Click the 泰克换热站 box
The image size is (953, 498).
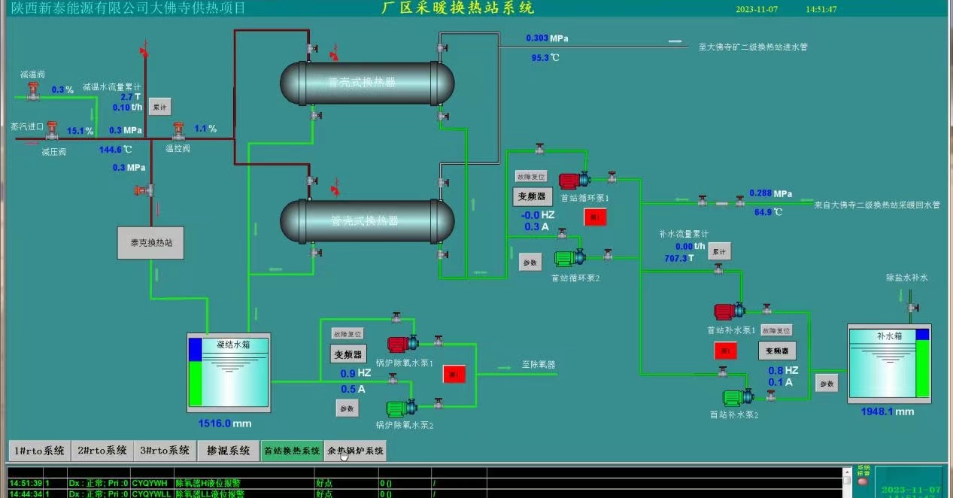coord(151,243)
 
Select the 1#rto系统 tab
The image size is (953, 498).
coord(38,451)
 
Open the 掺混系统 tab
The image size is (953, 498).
coord(228,451)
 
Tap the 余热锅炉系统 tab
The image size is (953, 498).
coord(355,451)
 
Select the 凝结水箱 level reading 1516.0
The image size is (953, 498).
coord(214,424)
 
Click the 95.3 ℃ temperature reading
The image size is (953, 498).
coord(540,57)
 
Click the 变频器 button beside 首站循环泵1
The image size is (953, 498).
coord(532,196)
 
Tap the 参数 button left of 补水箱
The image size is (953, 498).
coord(827,384)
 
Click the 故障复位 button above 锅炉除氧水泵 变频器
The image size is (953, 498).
coord(347,333)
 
